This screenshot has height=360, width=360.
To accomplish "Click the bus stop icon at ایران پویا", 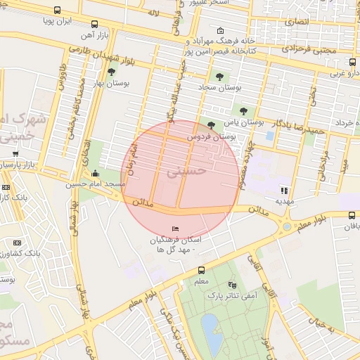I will [x=56, y=11].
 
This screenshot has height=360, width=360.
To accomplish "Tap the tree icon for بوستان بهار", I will [x=111, y=72].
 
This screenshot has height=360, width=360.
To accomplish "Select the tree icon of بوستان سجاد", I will [x=221, y=77].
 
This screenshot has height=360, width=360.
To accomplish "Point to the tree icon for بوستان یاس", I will [x=243, y=110].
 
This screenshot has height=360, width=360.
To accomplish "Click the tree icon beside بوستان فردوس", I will [x=211, y=124].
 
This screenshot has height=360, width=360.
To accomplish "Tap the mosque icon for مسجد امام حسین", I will [x=96, y=174].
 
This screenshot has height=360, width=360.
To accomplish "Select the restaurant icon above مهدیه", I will [x=284, y=190].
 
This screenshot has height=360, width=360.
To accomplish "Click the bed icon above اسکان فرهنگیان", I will [x=176, y=229].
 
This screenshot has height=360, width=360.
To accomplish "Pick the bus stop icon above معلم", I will [x=202, y=270].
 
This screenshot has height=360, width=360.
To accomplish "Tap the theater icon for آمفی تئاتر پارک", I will [x=233, y=285].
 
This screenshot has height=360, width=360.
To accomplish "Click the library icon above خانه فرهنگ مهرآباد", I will [x=221, y=31].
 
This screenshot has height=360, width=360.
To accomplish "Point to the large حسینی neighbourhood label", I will [x=188, y=170].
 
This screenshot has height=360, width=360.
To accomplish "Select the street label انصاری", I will [x=295, y=22].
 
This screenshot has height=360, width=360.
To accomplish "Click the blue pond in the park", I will [x=210, y=329].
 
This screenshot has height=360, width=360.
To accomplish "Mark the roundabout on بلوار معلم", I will [x=286, y=226].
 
